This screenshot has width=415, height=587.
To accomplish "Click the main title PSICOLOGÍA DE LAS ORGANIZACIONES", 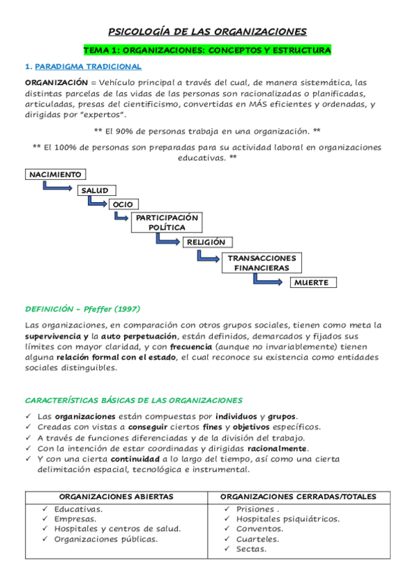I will pyautogui.click(x=207, y=32).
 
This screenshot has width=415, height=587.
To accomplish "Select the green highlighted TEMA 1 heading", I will pyautogui.click(x=207, y=51).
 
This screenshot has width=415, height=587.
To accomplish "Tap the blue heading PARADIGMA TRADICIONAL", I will pyautogui.click(x=88, y=67).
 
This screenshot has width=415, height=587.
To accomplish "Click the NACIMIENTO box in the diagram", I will pyautogui.click(x=55, y=174).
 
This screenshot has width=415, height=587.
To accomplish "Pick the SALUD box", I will pyautogui.click(x=96, y=190).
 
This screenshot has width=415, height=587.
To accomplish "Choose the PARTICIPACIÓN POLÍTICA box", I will pyautogui.click(x=167, y=222).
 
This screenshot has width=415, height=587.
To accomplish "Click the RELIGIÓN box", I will pyautogui.click(x=206, y=242).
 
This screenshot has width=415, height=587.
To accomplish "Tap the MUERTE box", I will pyautogui.click(x=314, y=282).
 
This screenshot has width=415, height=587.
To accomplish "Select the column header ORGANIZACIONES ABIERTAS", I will pyautogui.click(x=116, y=496).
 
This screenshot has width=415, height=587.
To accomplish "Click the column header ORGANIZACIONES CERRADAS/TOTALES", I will pyautogui.click(x=298, y=496).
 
